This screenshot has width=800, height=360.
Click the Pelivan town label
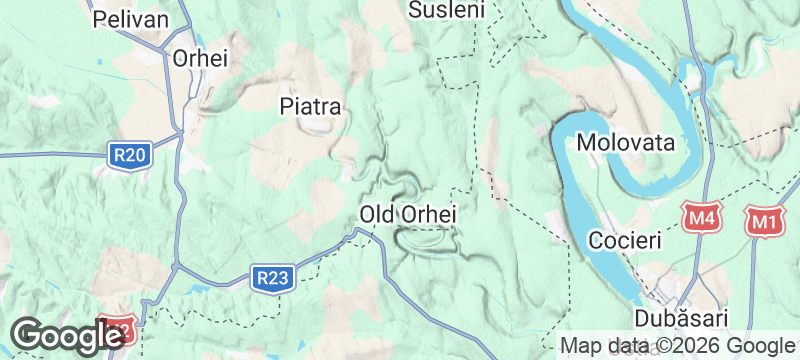[125, 18]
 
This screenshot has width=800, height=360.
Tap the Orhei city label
[200, 58]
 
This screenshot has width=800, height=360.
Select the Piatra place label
[311, 105]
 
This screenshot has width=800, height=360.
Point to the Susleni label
[447, 10]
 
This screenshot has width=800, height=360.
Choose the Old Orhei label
[408, 214]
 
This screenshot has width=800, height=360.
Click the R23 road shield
[271, 277]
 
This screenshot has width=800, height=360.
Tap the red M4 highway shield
[700, 217]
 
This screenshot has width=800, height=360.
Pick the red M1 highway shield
[765, 220]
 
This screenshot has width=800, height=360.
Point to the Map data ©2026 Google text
[677, 345]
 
